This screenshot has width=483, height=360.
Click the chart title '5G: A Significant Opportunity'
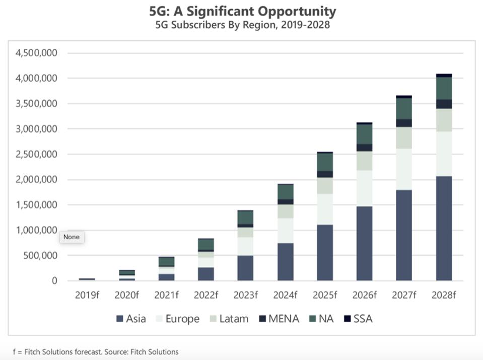242,11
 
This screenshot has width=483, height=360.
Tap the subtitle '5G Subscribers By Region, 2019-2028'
242,25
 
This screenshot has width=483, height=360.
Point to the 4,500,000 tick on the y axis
36,53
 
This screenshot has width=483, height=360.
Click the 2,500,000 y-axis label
36,154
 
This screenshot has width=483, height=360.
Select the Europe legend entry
177,319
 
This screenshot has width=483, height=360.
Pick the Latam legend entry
228,319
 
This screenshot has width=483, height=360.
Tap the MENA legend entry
279,319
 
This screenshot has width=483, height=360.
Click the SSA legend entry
358,319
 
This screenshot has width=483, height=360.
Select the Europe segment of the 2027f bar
404,169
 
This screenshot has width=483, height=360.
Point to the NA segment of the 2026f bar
364,134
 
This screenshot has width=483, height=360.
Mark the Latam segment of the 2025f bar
325,186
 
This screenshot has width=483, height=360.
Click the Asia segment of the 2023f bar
245,268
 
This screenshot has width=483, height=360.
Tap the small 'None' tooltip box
72,237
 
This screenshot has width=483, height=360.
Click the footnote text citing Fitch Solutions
96,352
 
